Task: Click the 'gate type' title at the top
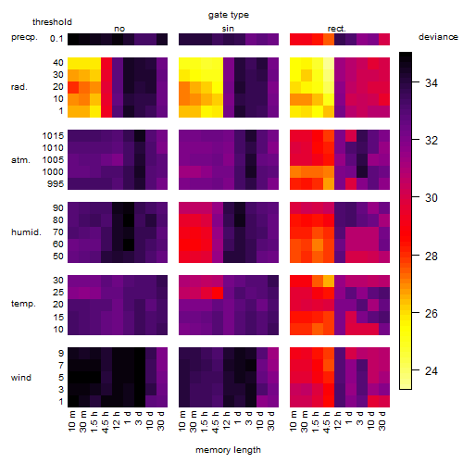click(229, 15)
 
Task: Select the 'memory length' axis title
click(228, 450)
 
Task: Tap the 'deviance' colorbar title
click(438, 37)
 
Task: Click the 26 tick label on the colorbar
click(432, 313)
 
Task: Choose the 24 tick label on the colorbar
click(432, 370)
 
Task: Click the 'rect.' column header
click(337, 29)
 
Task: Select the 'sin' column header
click(228, 29)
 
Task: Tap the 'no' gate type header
click(119, 29)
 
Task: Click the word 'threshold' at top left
click(52, 22)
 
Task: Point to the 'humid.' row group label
click(26, 232)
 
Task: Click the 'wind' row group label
click(21, 378)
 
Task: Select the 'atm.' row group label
click(20, 160)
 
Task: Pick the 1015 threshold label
click(53, 136)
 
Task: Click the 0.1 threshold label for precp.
click(56, 39)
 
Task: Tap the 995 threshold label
click(56, 184)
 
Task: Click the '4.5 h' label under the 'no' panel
click(105, 422)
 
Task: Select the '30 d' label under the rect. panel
click(382, 421)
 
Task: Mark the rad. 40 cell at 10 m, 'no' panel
click(73, 63)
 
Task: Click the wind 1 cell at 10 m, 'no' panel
click(73, 401)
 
